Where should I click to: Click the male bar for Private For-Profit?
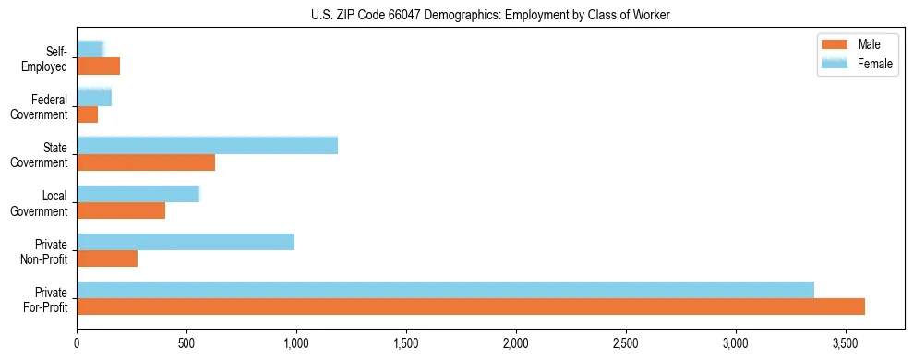(x=471, y=306)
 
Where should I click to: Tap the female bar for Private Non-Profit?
(x=186, y=242)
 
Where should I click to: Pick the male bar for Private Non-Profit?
(x=107, y=258)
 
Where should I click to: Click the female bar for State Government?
(x=207, y=146)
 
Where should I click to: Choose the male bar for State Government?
(x=146, y=162)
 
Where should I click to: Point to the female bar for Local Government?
(x=138, y=194)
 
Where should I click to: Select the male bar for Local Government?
(x=121, y=210)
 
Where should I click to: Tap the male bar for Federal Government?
(x=88, y=114)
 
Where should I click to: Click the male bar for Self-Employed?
(x=99, y=66)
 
